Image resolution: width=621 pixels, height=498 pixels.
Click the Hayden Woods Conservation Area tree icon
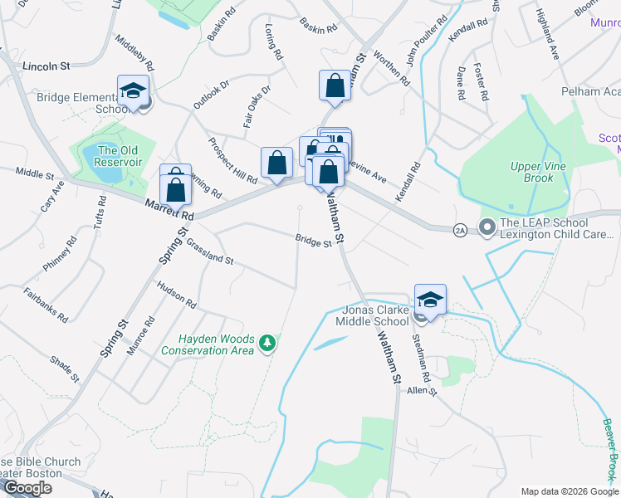click(x=266, y=342)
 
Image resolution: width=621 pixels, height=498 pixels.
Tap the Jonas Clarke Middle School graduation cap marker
click(x=430, y=300)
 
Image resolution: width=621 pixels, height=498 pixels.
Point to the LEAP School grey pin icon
click(x=487, y=226)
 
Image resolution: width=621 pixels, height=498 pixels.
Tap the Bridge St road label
click(x=313, y=241)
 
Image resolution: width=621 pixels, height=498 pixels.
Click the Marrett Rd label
click(x=169, y=210)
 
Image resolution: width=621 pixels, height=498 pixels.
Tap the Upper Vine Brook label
click(x=532, y=173)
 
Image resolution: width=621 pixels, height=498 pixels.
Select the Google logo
click(x=27, y=488)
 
